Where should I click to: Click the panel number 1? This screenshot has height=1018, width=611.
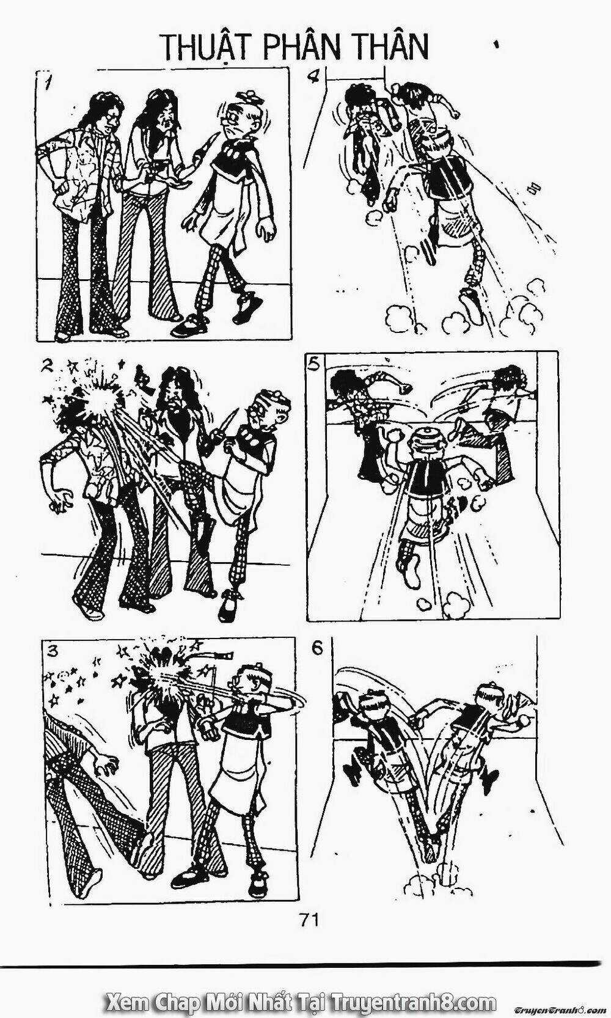tap(46, 84)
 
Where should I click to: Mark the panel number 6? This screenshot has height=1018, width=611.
tap(318, 648)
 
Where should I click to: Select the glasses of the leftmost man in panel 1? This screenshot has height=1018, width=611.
tap(114, 116)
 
